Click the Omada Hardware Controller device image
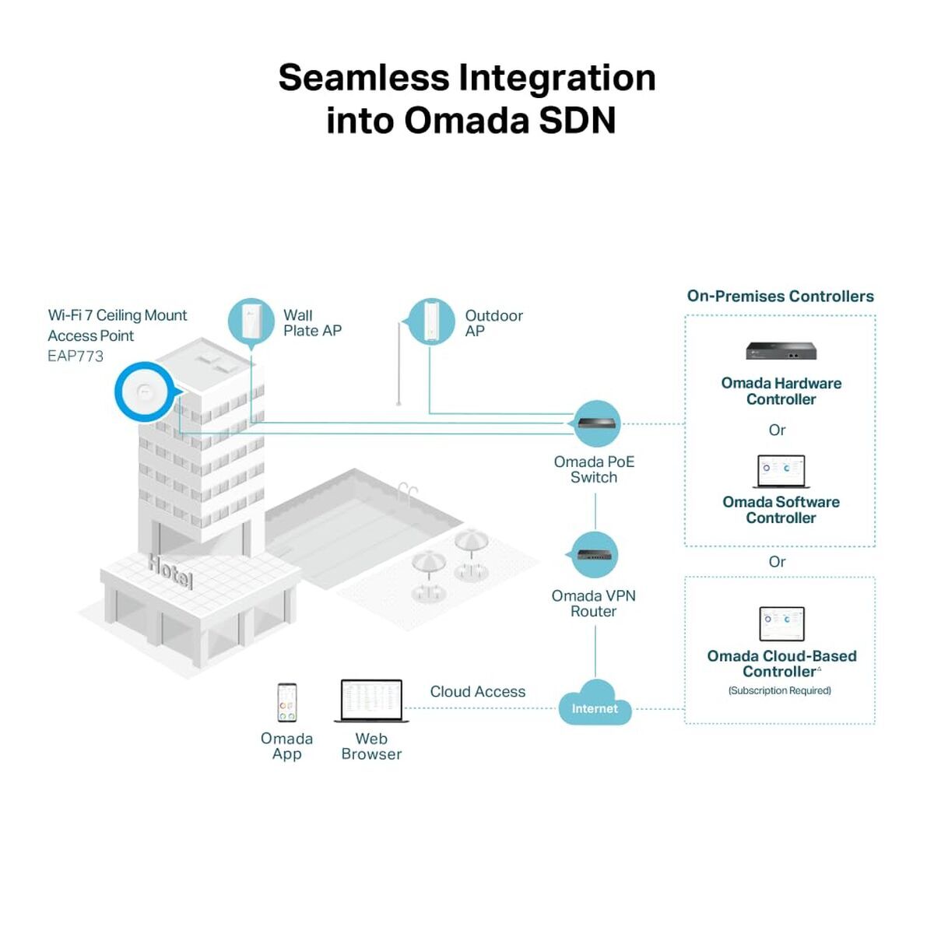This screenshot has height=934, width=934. click(781, 351)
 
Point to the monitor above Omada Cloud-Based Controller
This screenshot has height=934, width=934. click(781, 624)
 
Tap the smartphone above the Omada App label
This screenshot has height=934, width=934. click(287, 703)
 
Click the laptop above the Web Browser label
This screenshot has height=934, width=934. click(371, 701)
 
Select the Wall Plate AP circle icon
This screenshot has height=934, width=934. click(251, 321)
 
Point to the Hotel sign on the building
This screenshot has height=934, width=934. click(170, 571)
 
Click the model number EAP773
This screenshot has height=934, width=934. click(75, 356)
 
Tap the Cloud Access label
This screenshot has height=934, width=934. click(477, 691)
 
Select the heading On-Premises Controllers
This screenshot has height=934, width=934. click(780, 297)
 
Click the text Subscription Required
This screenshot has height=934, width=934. click(780, 690)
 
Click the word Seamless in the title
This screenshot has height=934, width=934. click(363, 78)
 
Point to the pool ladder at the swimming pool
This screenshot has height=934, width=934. click(407, 492)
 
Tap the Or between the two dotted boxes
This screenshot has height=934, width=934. click(777, 562)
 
